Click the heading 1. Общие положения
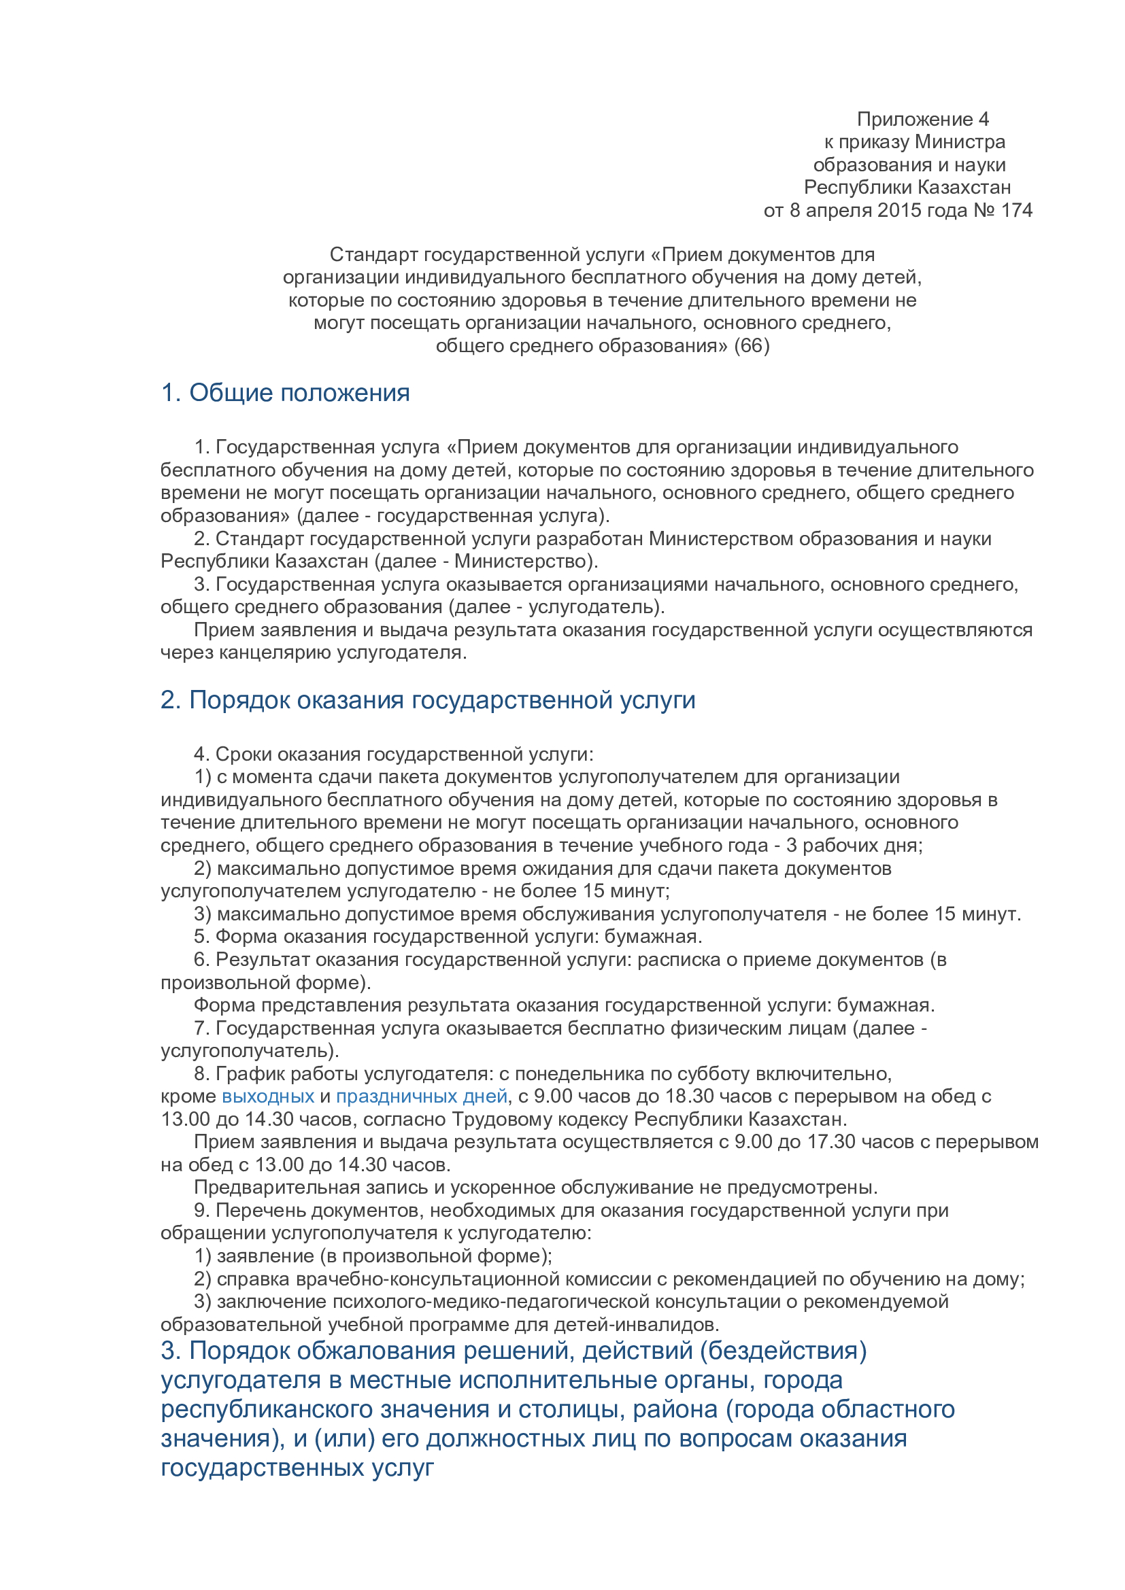(286, 393)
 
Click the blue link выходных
(268, 1096)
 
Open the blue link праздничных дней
(422, 1096)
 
